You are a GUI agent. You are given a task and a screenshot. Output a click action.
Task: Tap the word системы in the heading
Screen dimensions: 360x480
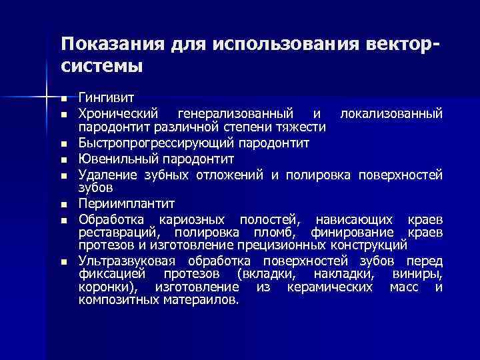click(x=101, y=67)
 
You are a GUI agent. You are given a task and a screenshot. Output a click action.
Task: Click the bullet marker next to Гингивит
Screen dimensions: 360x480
click(x=64, y=101)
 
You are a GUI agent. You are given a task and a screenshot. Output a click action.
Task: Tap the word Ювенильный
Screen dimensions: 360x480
click(x=112, y=159)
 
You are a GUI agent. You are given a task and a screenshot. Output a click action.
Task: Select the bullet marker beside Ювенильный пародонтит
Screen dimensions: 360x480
click(x=64, y=160)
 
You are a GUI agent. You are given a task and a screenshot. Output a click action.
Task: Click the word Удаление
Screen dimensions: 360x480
click(x=108, y=175)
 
